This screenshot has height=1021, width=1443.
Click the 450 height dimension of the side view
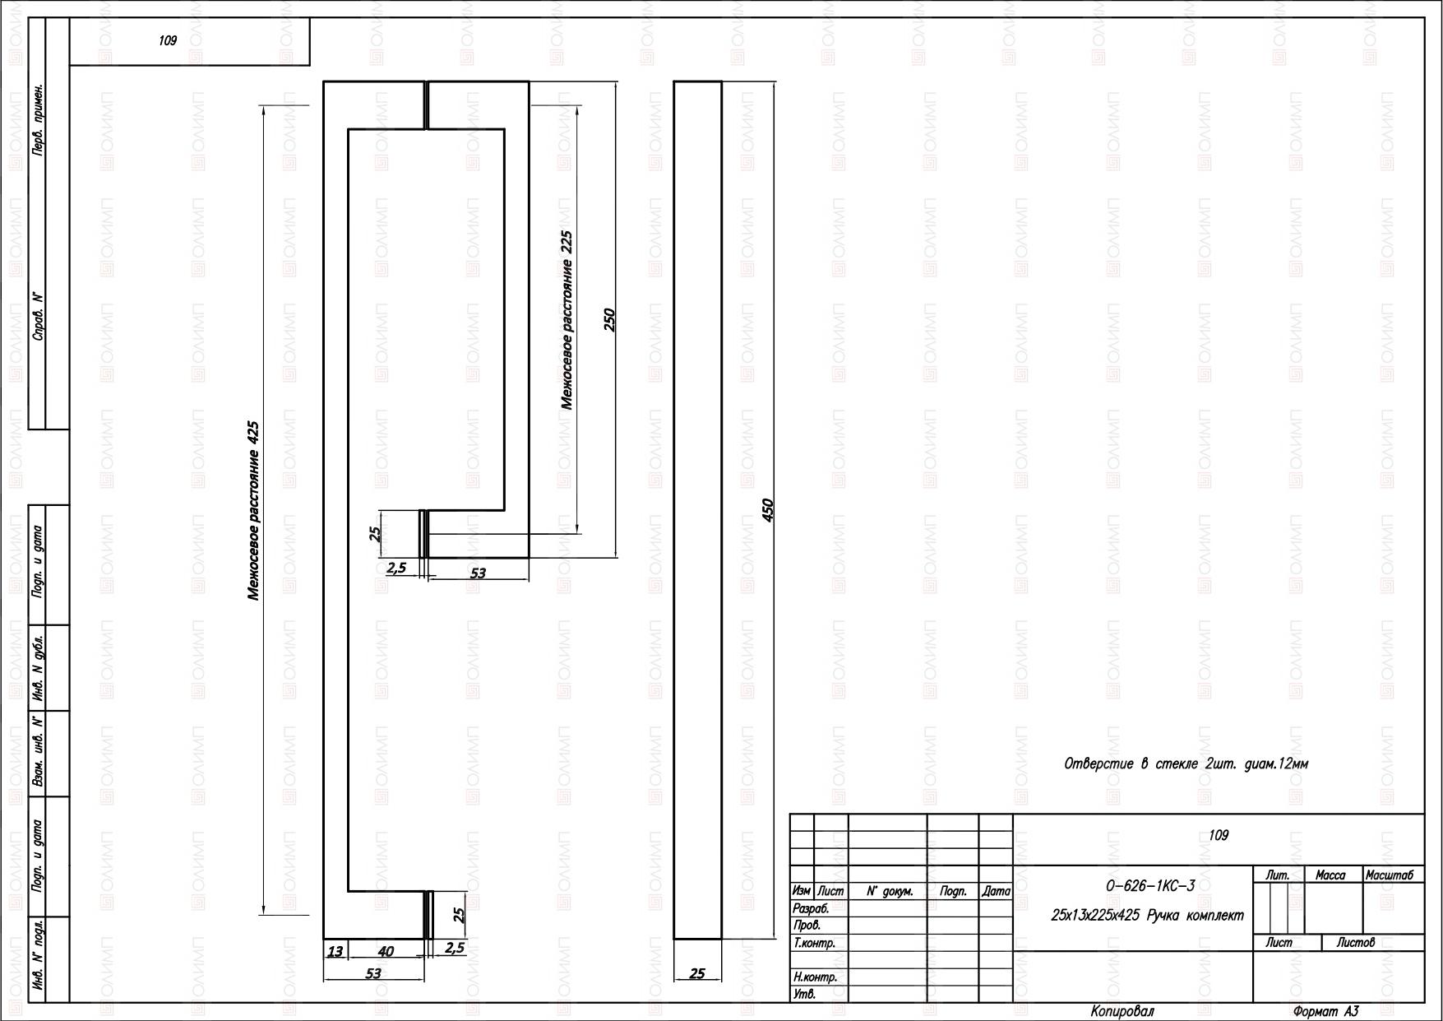768,510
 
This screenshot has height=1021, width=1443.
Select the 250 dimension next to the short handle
609,319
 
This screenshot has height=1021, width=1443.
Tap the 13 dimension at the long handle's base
335,951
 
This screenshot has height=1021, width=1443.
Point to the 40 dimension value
386,951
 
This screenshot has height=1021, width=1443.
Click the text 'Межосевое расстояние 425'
254,511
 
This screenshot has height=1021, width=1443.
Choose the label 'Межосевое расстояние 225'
567,319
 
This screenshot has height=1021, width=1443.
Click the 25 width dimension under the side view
697,973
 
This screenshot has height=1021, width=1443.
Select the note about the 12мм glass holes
1186,763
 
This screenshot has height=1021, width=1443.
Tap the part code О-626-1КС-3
1150,886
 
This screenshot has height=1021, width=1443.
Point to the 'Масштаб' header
1390,875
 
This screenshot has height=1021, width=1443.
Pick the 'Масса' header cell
1330,875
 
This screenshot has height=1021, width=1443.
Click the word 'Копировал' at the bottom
1122,1011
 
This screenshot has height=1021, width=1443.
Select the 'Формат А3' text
1325,1011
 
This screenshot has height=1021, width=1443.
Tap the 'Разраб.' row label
811,909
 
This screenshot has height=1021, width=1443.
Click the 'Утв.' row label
803,994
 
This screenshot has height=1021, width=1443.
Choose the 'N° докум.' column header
890,891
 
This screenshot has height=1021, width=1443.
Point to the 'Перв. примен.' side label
37,119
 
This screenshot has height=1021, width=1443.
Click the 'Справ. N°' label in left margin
37,316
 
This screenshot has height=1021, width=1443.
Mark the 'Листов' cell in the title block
1356,943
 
